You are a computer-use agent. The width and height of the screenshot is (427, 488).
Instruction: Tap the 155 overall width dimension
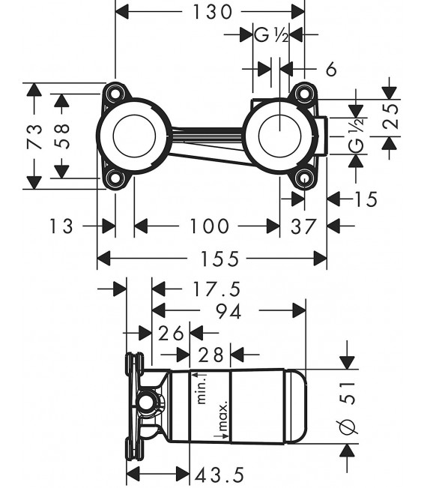212,259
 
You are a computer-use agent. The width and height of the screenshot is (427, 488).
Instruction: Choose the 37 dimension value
303,225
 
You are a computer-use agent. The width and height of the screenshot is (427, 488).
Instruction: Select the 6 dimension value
331,69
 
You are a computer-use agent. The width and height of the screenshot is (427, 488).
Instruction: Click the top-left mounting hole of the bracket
115,93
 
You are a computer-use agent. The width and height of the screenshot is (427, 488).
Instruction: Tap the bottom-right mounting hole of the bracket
303,178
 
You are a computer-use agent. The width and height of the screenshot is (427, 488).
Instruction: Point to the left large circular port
133,136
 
